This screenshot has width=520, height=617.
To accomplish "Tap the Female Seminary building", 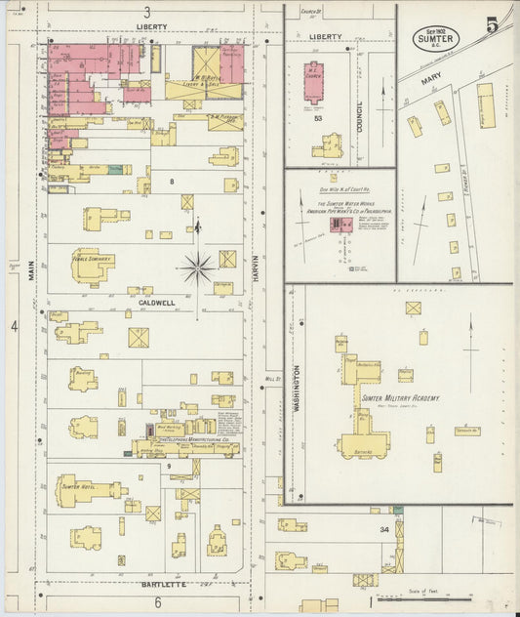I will (91, 263).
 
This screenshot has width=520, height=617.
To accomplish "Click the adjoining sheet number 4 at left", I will (15, 324).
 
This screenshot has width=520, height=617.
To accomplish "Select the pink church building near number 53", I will (313, 85).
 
